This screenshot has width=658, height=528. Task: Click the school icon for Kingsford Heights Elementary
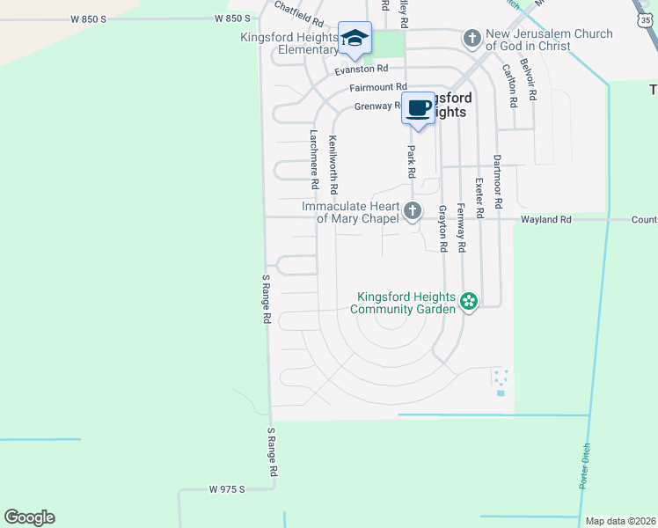click(x=354, y=38)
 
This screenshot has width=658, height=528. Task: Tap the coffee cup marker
click(x=419, y=108)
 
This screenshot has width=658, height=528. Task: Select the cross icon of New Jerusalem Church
click(x=472, y=38)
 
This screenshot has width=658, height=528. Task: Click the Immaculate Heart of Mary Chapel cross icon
click(x=413, y=211)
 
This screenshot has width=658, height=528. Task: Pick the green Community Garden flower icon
click(x=469, y=302)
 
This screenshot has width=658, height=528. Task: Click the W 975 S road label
click(x=227, y=488)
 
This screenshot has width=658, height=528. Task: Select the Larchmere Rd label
click(x=313, y=160)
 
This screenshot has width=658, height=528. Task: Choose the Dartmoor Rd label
click(x=497, y=181)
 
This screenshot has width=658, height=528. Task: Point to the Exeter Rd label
click(x=479, y=198)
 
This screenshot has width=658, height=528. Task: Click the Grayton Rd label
click(x=442, y=227)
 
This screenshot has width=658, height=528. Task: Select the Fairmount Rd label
click(x=377, y=87)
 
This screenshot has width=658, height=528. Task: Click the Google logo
click(x=29, y=517)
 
